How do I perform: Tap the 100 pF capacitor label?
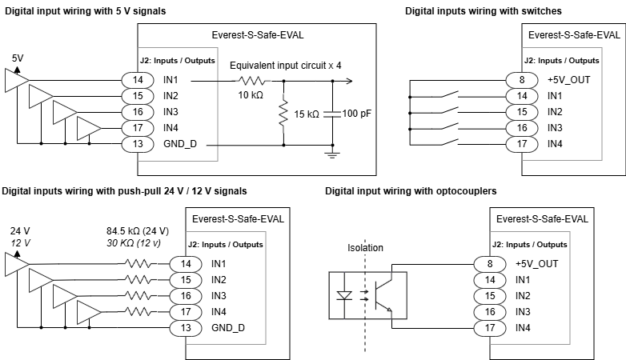click(356, 114)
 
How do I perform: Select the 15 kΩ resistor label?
click(306, 114)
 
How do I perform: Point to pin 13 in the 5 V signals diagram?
click(138, 144)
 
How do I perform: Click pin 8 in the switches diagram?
click(522, 79)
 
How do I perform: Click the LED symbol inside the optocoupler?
click(346, 294)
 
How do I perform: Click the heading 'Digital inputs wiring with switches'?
click(483, 11)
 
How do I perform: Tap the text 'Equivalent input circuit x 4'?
click(285, 65)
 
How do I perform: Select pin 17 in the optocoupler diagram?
click(488, 328)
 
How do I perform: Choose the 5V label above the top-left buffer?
click(18, 58)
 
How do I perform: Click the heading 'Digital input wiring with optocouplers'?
click(411, 191)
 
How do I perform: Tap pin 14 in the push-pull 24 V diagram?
click(186, 263)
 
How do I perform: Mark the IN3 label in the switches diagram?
click(555, 127)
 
